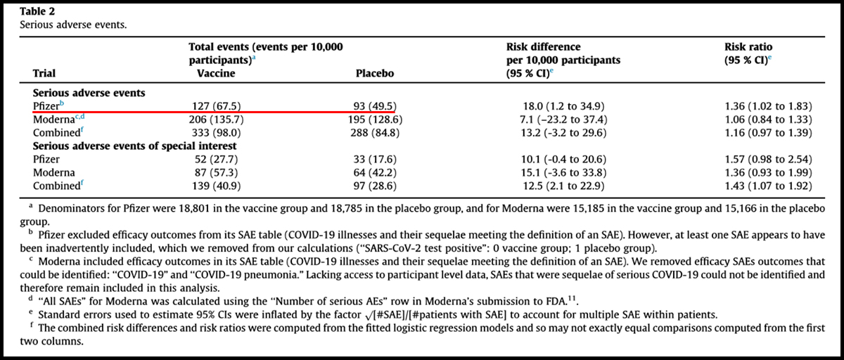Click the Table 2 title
(x=37, y=12)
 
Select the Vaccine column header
(x=216, y=73)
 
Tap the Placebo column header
(x=375, y=73)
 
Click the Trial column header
(x=44, y=73)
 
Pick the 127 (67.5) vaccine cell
(x=217, y=106)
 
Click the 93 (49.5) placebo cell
(x=375, y=106)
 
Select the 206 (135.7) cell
(x=217, y=120)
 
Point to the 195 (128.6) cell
(x=375, y=120)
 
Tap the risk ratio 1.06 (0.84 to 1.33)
(x=768, y=120)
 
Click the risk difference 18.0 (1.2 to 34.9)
(x=563, y=106)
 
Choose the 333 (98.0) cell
(x=217, y=133)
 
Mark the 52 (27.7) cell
(x=217, y=160)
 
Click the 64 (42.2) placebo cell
(x=375, y=172)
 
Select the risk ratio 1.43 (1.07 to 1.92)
(x=768, y=186)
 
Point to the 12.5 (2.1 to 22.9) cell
(x=563, y=186)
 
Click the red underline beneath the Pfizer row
(x=214, y=112)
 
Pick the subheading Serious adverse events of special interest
(x=134, y=146)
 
